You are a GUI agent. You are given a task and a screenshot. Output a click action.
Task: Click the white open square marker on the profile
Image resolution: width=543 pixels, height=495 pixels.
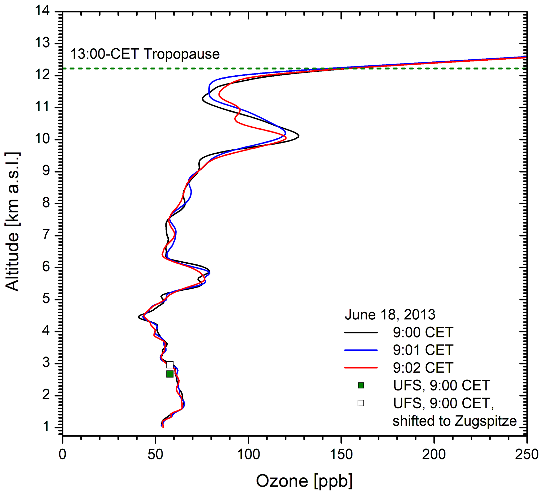[x=170, y=365]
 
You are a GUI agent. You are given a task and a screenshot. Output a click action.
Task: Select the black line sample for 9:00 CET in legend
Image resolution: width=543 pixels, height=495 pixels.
[x=361, y=333]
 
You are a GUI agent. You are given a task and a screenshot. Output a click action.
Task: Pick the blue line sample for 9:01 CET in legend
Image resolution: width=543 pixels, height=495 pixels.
[x=361, y=350]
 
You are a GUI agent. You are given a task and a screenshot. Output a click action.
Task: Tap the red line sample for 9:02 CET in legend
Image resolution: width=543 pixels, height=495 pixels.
[x=361, y=368]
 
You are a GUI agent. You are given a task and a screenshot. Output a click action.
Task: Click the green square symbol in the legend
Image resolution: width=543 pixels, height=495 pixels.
[x=361, y=385]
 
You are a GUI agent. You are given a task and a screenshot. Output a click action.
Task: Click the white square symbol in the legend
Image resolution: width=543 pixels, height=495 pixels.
[x=361, y=403]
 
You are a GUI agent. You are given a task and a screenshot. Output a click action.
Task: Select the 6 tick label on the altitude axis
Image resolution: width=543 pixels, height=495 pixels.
[x=46, y=267]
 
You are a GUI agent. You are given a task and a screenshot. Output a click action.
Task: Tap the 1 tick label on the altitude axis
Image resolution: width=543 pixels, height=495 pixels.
[x=46, y=427]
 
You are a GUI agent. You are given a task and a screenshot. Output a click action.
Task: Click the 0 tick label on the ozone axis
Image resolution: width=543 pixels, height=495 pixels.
[x=63, y=455]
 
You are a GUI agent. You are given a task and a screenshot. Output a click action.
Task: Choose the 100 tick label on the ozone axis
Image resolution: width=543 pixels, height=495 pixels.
[x=248, y=455]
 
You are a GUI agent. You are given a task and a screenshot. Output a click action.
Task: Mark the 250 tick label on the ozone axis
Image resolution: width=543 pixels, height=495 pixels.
[x=526, y=455]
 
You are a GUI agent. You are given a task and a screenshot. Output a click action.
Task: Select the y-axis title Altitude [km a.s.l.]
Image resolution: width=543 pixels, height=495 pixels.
[x=12, y=221]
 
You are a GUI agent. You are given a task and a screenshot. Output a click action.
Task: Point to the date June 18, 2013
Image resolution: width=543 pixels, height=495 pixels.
[x=390, y=315]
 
